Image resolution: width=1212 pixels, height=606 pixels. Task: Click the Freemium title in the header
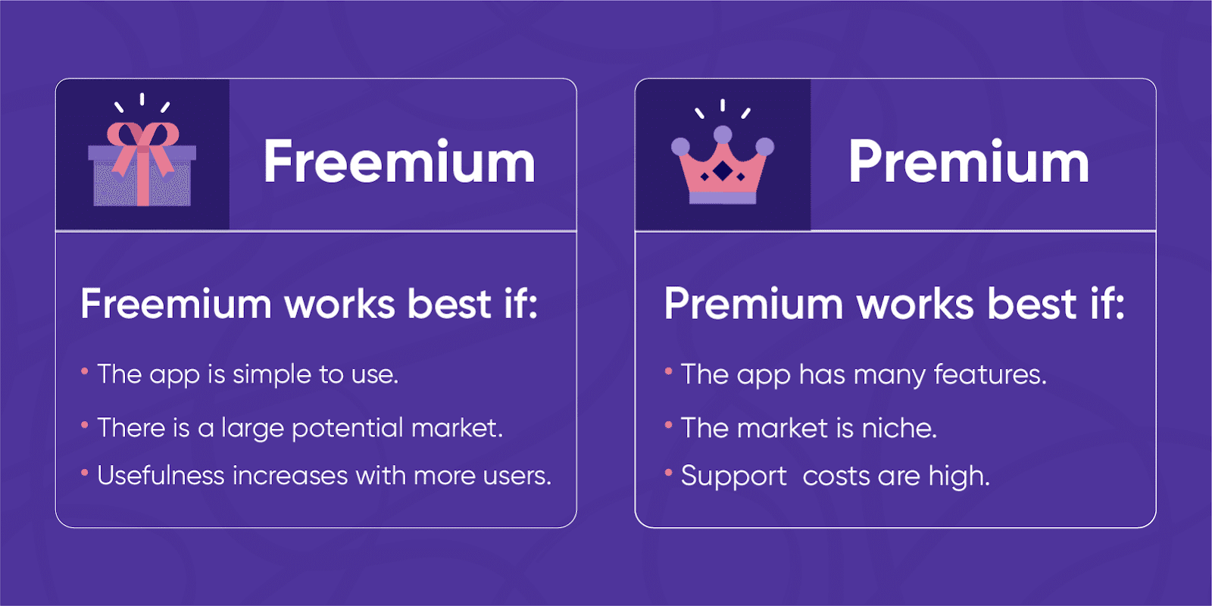point(399,161)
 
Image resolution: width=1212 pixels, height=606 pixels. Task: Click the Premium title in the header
point(968,161)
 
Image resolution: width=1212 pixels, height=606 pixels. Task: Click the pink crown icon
point(723,170)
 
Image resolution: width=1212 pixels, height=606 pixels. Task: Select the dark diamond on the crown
point(723,172)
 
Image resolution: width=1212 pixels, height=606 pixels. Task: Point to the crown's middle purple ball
point(723,135)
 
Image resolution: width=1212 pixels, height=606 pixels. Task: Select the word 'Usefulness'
point(161,476)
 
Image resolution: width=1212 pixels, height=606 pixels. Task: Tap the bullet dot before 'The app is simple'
point(85,371)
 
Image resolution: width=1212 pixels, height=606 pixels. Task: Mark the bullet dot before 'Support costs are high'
point(668,473)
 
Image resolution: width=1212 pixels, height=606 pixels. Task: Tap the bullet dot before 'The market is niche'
point(668,426)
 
